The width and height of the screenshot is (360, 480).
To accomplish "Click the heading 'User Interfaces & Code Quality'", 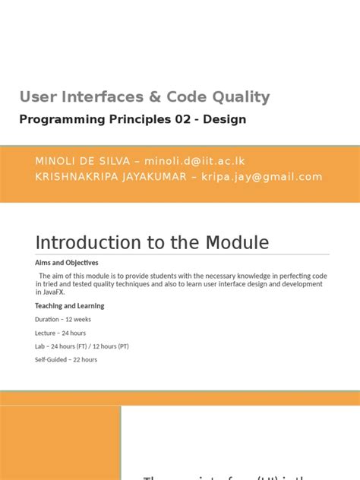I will click(x=144, y=97).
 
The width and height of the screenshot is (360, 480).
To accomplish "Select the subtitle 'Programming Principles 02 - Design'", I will click(x=133, y=119).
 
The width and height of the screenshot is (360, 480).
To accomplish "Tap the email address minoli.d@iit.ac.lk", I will click(x=198, y=161).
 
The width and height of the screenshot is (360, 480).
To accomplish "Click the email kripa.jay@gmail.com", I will click(x=263, y=176).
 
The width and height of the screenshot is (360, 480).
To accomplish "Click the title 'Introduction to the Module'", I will click(x=152, y=242).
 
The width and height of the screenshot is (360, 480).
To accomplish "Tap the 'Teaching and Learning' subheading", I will click(x=69, y=306).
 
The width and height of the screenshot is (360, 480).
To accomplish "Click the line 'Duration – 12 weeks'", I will click(x=62, y=320).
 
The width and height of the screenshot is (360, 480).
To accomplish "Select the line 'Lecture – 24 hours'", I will click(x=60, y=333).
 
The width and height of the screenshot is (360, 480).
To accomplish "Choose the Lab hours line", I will click(x=81, y=346).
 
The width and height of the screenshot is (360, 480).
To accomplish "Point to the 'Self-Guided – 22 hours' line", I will click(x=65, y=359).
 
